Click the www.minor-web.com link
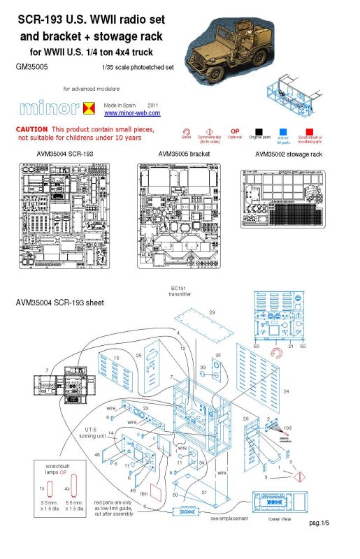coord(132,113)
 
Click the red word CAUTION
coord(31,130)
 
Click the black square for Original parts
coord(259,130)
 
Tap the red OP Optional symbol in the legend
coord(235,131)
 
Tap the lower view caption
coord(279,520)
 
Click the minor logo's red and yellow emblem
coord(89,108)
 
